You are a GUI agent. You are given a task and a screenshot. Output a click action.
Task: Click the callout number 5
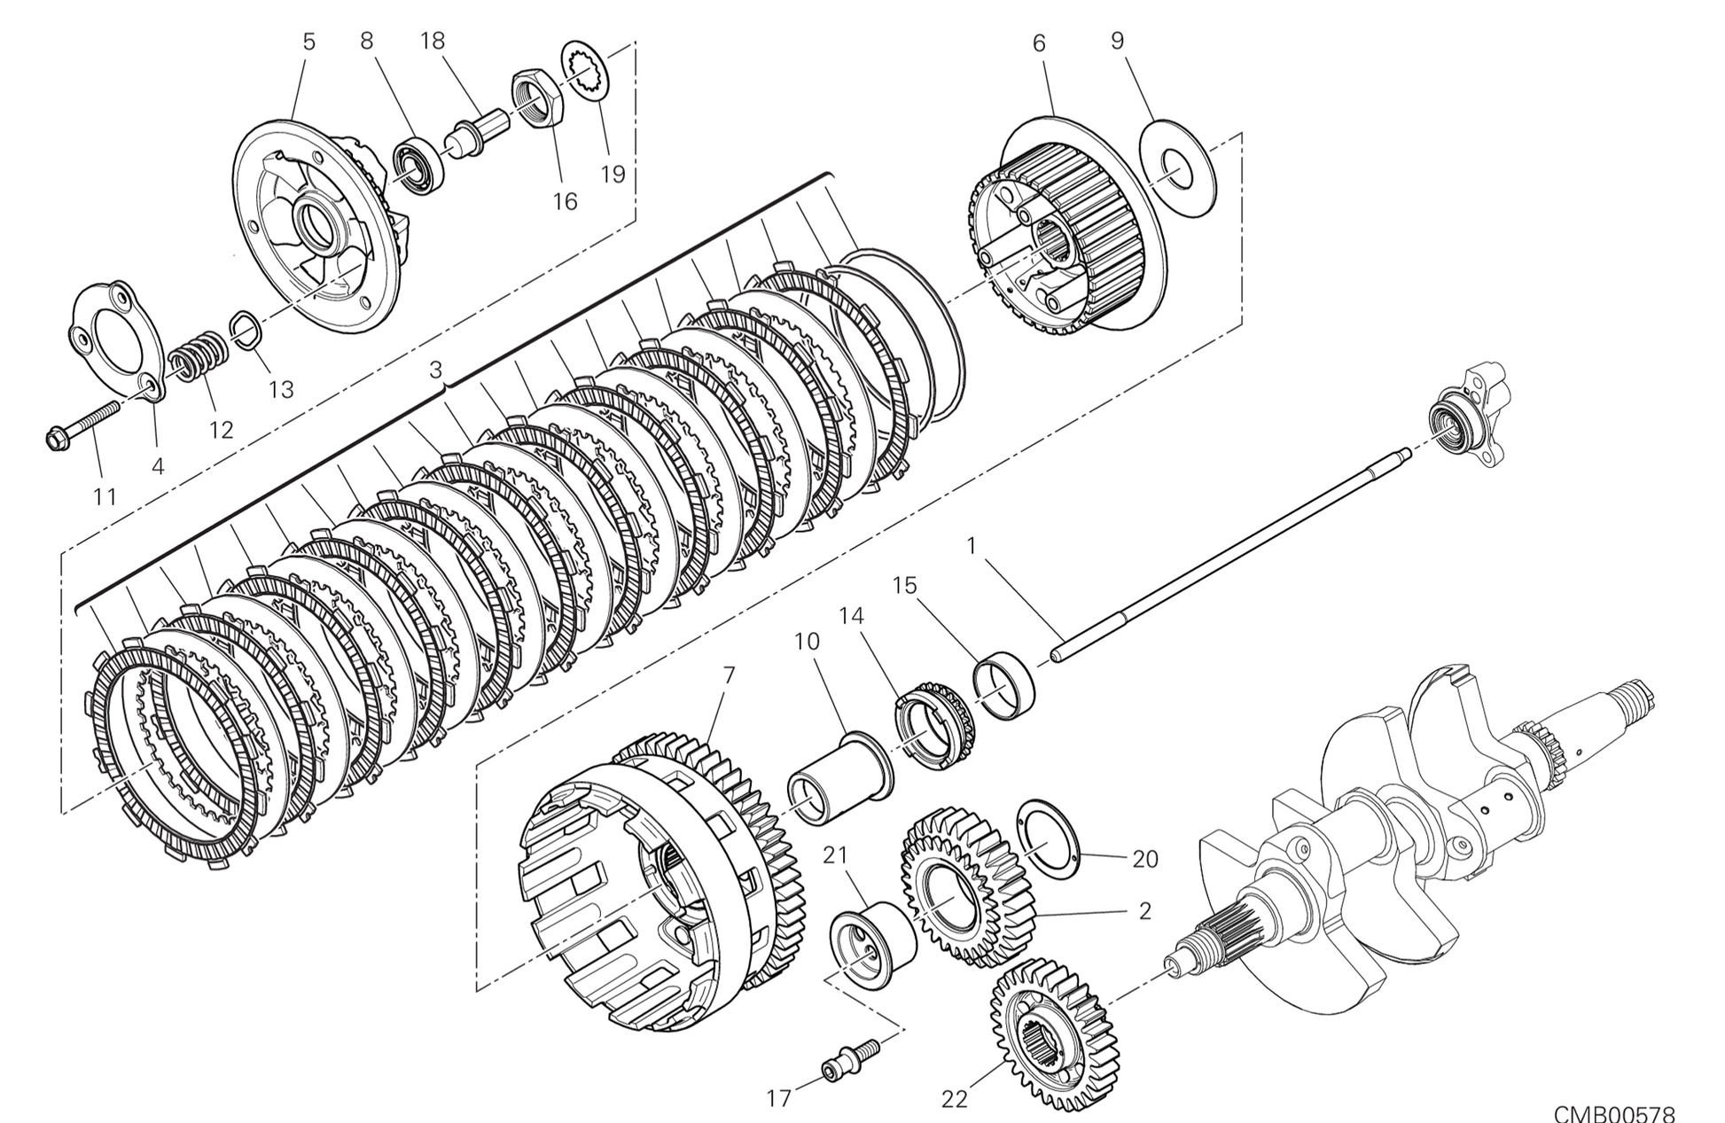[x=308, y=42]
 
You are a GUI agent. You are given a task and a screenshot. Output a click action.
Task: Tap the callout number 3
[x=435, y=370]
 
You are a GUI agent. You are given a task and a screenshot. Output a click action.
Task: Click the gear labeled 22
[x=1052, y=1034]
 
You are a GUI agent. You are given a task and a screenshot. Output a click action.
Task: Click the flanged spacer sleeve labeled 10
[x=839, y=776]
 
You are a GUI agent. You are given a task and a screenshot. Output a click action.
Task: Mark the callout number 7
[x=729, y=675]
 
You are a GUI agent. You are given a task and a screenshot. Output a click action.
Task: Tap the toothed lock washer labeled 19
[x=585, y=72]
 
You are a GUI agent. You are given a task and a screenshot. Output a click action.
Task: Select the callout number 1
[x=972, y=546]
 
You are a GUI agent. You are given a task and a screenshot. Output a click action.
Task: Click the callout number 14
[x=851, y=615]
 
